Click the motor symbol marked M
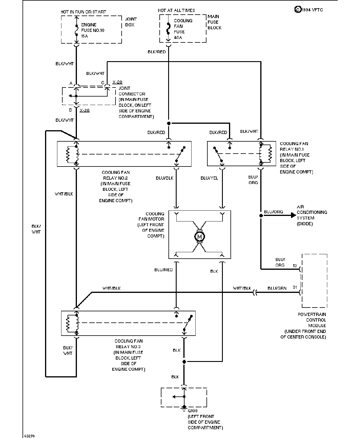pyautogui.click(x=199, y=236)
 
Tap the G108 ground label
pyautogui.click(x=192, y=410)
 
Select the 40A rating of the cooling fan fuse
pyautogui.click(x=178, y=37)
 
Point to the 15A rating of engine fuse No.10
pyautogui.click(x=85, y=36)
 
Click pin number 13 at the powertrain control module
pyautogui.click(x=295, y=265)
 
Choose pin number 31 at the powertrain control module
pyautogui.click(x=295, y=287)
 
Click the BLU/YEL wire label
pyautogui.click(x=209, y=178)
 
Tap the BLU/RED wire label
pyautogui.click(x=163, y=269)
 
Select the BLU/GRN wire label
pyautogui.click(x=277, y=288)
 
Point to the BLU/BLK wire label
pyautogui.click(x=164, y=178)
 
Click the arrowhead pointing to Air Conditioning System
pyautogui.click(x=293, y=215)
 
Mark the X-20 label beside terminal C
pyautogui.click(x=117, y=82)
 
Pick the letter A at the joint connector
pyautogui.click(x=71, y=83)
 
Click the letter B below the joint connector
pyautogui.click(x=70, y=110)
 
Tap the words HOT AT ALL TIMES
pyautogui.click(x=176, y=10)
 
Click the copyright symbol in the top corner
pyautogui.click(x=298, y=10)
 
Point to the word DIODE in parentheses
pyautogui.click(x=304, y=224)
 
